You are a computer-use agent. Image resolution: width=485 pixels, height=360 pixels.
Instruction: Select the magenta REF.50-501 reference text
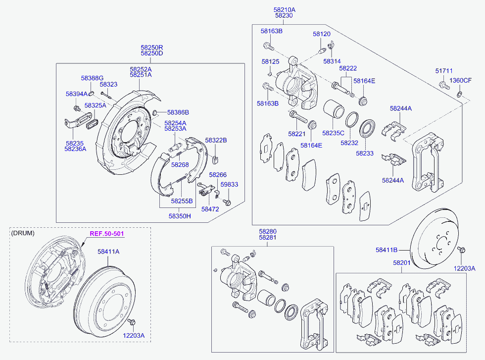pos(106,234)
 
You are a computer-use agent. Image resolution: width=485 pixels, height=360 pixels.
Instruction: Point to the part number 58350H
pos(180,216)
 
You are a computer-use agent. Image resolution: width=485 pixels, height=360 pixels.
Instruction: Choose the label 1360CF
pos(460,81)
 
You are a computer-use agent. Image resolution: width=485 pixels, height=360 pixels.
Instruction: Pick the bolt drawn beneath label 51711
pos(443,86)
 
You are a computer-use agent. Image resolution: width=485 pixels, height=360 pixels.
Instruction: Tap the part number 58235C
pos(333,133)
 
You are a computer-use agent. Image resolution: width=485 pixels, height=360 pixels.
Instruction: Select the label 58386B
pos(178,112)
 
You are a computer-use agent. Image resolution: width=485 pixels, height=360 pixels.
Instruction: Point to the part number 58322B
pos(216,141)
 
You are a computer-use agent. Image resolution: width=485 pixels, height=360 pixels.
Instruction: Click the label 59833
pos(229,184)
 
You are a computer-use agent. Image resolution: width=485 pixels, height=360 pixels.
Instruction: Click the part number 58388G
pos(92,78)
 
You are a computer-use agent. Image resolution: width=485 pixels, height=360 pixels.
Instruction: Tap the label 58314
pos(332,61)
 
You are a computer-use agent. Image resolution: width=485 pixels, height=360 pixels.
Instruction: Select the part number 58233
pos(364,154)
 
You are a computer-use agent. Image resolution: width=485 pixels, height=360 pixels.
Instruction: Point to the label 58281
pos(268,238)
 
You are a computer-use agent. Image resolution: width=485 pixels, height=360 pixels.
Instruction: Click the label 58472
pos(210,209)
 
